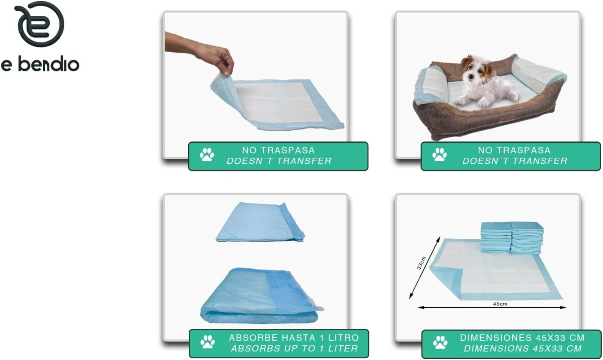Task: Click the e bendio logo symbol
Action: (x=39, y=24)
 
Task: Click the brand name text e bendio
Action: (x=40, y=64)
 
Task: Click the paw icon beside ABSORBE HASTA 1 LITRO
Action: (x=208, y=343)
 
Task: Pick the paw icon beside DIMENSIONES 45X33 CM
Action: (x=440, y=343)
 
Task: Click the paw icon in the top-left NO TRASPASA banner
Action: (x=207, y=155)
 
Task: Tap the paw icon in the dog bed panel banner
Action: (x=440, y=155)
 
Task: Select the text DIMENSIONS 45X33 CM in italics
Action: (x=522, y=348)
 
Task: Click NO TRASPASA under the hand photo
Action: (x=278, y=150)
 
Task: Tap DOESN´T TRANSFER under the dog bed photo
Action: (x=514, y=161)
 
